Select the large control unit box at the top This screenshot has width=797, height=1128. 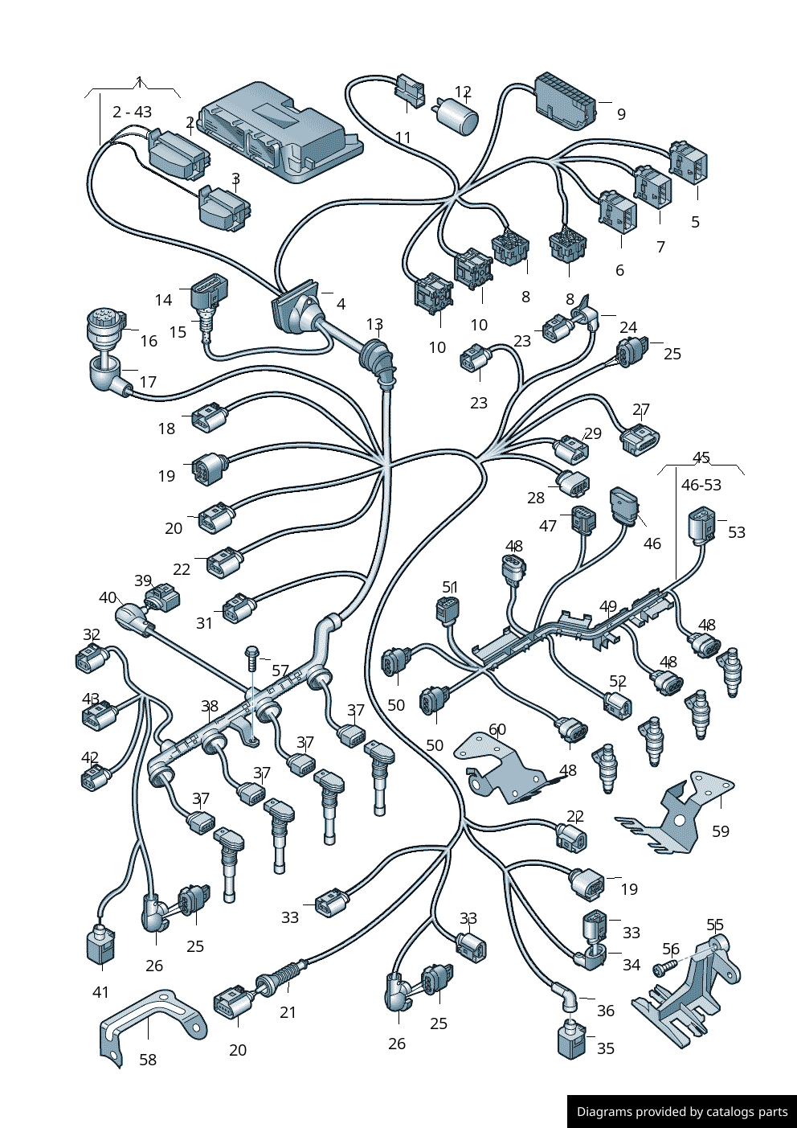click(280, 131)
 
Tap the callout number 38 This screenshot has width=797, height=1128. click(210, 706)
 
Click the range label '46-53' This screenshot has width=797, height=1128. click(701, 485)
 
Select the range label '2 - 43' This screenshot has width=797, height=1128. click(132, 111)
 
